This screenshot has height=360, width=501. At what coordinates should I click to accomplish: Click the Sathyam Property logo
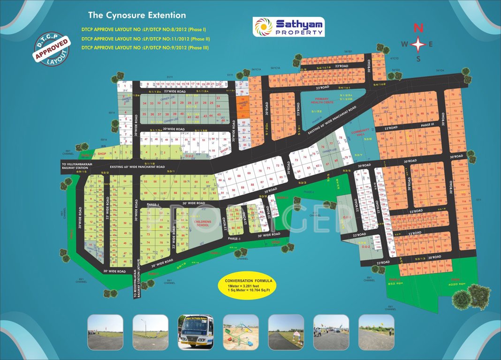[288, 27]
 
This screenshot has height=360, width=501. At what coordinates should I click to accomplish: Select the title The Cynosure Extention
[130, 15]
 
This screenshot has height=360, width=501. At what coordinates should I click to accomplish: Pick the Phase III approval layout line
[145, 47]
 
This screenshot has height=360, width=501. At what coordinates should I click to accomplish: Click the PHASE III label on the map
[427, 125]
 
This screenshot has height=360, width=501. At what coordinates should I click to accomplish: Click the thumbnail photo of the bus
[196, 332]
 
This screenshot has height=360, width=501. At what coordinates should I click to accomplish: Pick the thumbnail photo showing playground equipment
[241, 332]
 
